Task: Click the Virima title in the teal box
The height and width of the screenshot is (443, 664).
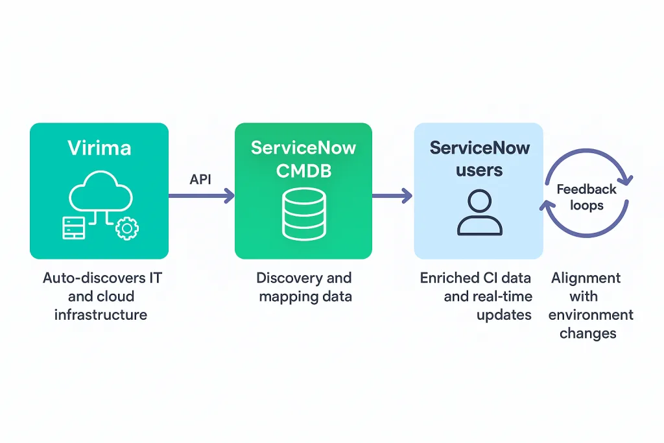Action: point(99,147)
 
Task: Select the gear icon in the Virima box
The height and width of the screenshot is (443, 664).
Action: point(127,228)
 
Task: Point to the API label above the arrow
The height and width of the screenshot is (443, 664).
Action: point(200,179)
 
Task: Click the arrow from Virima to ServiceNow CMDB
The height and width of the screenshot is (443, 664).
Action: point(201,195)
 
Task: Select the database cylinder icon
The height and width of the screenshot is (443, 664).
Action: point(303,215)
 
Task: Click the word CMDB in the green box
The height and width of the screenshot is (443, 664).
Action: point(303,171)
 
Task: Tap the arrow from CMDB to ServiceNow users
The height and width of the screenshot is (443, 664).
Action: point(392,195)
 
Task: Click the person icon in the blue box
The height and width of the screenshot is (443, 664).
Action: point(479,213)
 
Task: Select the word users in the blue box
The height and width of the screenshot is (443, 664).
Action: point(479,171)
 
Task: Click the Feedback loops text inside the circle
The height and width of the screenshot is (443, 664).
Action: point(586,197)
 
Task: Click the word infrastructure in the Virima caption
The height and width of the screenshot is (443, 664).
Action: point(101,315)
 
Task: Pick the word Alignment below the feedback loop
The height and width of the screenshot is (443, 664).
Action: point(586,278)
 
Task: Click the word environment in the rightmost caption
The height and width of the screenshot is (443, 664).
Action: point(590,315)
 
